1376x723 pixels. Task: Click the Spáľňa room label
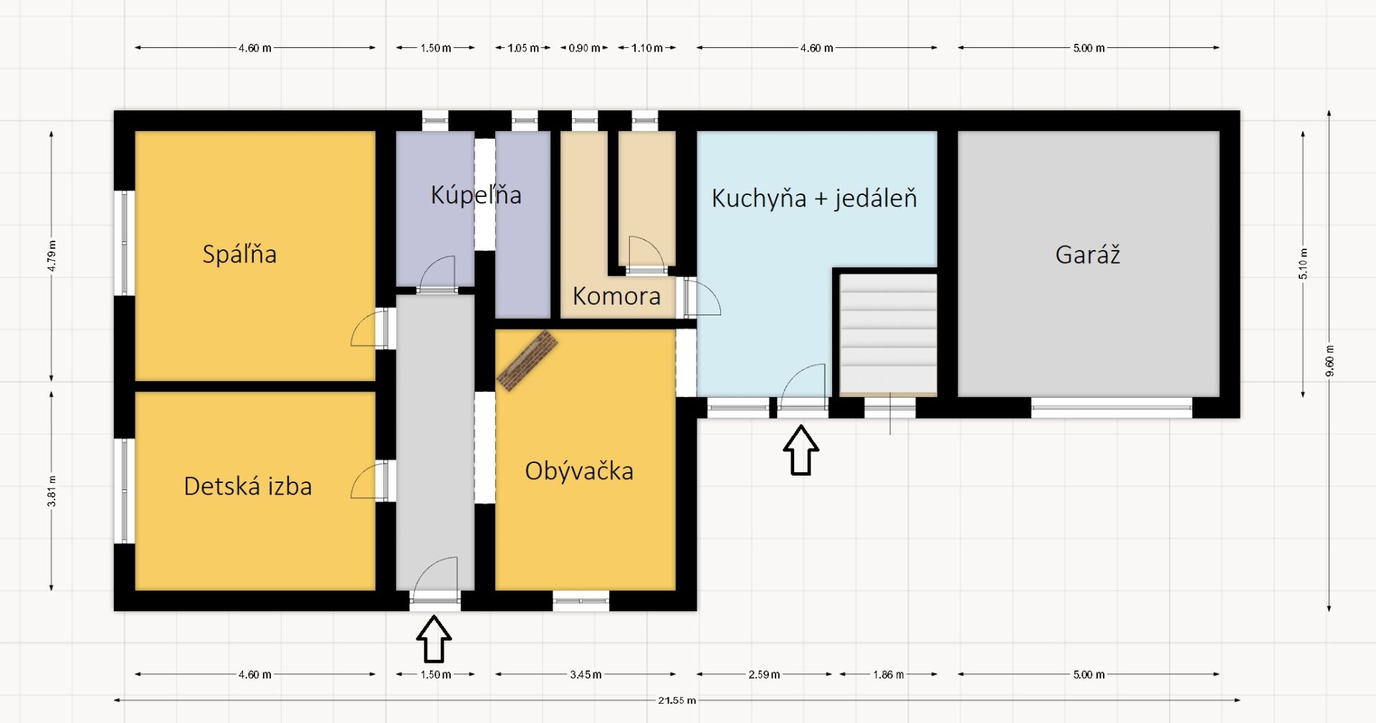(239, 254)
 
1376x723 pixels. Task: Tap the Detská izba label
(248, 487)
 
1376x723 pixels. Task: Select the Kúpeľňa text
(476, 196)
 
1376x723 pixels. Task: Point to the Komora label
(616, 296)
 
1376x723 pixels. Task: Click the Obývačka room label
(579, 471)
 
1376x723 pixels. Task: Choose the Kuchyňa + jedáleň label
(814, 198)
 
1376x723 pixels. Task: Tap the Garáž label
(1087, 254)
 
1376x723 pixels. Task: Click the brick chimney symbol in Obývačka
(528, 360)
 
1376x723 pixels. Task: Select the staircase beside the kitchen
(888, 334)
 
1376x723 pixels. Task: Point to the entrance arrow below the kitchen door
(801, 450)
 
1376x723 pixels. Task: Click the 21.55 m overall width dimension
(677, 700)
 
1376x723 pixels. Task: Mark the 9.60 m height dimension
(1329, 361)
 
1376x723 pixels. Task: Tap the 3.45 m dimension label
(586, 674)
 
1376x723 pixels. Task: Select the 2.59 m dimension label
(764, 674)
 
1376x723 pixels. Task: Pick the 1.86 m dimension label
(888, 674)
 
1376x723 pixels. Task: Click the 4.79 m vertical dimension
(52, 256)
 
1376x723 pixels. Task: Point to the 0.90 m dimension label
(584, 48)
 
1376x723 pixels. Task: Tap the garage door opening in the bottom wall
(1112, 408)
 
